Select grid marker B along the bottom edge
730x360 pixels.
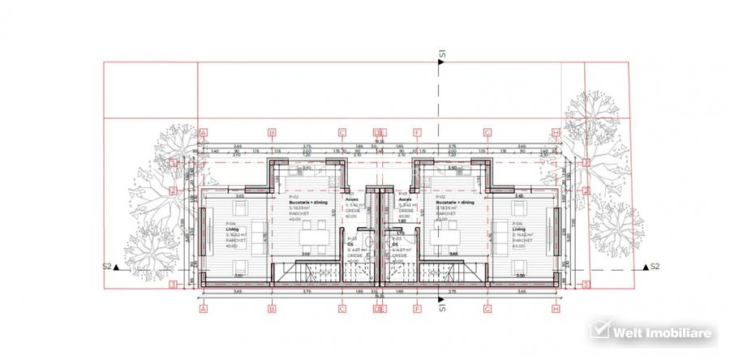coord(273,308)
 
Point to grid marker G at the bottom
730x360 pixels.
coord(487,308)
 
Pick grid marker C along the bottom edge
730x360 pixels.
coord(342,308)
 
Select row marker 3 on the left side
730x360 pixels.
coord(174,285)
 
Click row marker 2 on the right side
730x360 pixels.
coord(586,191)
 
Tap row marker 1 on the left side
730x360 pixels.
coord(174,162)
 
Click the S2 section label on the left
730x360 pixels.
coord(107,266)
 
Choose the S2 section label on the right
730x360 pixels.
coord(655,266)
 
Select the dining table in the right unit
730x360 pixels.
coord(444,240)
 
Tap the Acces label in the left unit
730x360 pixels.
coord(351,199)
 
